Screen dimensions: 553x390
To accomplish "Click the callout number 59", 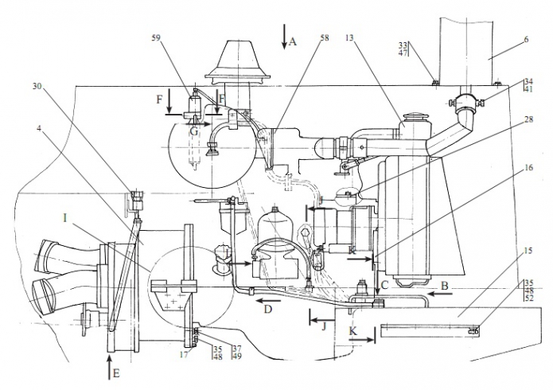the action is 156,37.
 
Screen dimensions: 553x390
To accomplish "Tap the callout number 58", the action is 325,37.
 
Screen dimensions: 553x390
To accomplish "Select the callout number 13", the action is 349,37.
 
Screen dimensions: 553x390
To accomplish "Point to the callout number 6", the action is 526,39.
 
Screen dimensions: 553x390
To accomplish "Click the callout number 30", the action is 37,86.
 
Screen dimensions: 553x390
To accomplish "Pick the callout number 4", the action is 39,128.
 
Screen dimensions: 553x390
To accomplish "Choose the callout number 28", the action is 528,119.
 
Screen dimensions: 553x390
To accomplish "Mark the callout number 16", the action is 528,167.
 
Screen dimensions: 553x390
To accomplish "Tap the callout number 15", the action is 528,252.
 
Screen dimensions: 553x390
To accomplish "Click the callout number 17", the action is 184,354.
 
